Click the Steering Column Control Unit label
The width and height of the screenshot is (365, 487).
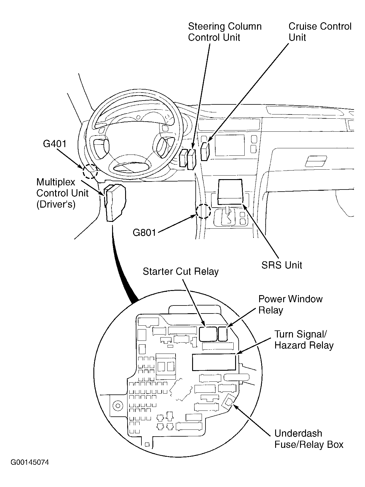pos(224,32)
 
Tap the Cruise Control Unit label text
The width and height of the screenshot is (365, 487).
pos(320,32)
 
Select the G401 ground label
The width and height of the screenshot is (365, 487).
pos(55,144)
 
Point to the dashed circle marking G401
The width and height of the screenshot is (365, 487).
pos(90,171)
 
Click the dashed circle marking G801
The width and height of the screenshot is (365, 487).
pos(203,211)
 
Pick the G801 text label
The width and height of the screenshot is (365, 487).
pos(144,233)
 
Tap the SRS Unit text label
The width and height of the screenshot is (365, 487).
pos(281,265)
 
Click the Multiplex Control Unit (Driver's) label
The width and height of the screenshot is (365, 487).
pos(62,193)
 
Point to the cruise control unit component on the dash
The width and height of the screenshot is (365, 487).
pos(205,151)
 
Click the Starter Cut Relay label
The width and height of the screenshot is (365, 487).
pos(181,271)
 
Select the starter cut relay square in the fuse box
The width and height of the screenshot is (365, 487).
pos(208,334)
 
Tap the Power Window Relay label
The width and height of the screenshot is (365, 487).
pos(290,304)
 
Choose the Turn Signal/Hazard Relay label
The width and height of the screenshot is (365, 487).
pos(304,340)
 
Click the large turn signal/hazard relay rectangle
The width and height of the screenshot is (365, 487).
pos(214,362)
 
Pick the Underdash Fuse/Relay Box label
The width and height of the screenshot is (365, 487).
pos(308,439)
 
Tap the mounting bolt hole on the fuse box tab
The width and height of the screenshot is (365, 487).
pos(118,405)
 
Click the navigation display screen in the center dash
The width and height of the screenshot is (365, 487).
pos(230,145)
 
